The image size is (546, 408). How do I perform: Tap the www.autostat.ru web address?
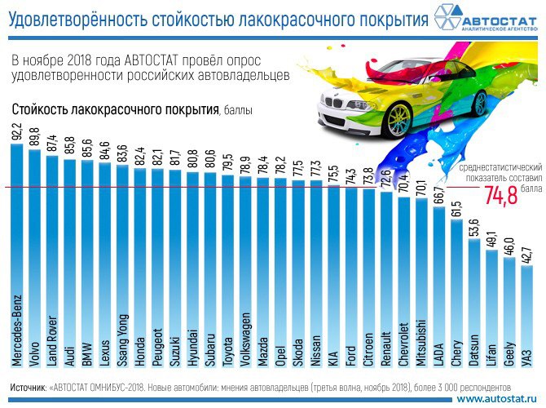click(499, 399)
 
